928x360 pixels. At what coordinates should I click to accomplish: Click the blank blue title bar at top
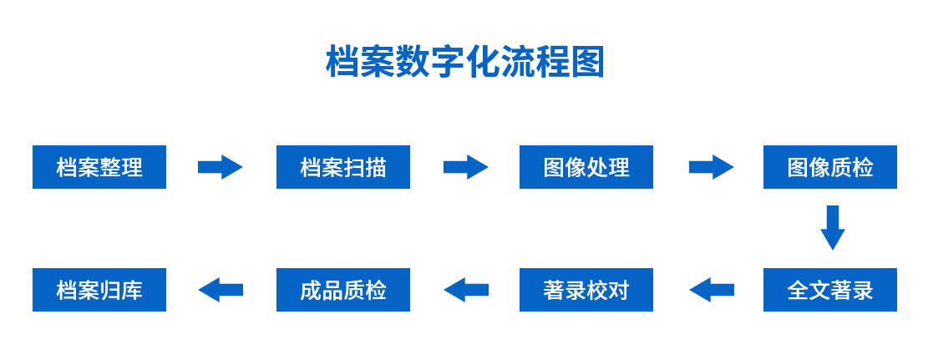coord(464,60)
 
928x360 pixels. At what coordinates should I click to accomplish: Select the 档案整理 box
coord(99,167)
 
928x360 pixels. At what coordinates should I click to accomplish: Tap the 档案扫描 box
coord(342,167)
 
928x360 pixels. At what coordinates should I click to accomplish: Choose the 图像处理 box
coord(586,167)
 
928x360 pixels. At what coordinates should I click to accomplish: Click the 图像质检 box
coord(829,167)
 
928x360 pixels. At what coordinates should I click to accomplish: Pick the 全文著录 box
coord(829,290)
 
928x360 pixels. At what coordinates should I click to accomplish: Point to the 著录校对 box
coord(586,290)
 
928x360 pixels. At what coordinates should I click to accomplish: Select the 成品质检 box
coord(342,290)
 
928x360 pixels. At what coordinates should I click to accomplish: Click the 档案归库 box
coord(99,290)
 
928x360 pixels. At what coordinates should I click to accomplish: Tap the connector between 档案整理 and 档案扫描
coord(221,167)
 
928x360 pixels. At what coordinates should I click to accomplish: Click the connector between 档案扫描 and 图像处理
coord(465,167)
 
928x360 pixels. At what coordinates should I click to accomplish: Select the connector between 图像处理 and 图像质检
coord(711,167)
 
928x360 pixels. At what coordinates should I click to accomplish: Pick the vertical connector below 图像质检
coord(833,228)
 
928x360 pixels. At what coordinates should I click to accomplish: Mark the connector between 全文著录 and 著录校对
coord(711,290)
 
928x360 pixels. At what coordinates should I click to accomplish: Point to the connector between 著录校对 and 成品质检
coord(465,290)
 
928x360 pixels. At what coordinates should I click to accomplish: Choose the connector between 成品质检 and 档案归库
coord(221,290)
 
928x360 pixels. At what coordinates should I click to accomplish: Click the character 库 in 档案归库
coord(132,291)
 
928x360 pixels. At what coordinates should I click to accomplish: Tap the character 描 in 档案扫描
coord(376,168)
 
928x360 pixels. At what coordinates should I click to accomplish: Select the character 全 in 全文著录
coord(798,291)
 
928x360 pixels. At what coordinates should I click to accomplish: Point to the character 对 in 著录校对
coord(619,291)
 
